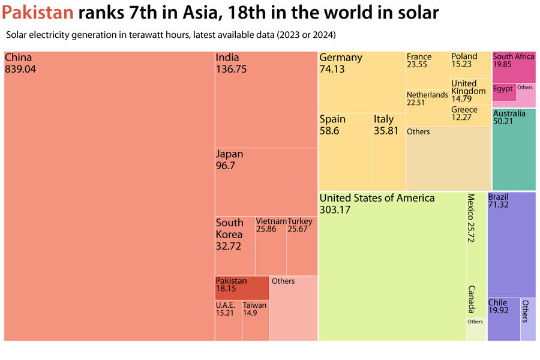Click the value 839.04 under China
[x=20, y=69]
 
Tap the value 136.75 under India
[x=231, y=69]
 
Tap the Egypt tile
[x=503, y=92]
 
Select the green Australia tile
[x=514, y=150]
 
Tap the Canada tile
[x=476, y=300]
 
